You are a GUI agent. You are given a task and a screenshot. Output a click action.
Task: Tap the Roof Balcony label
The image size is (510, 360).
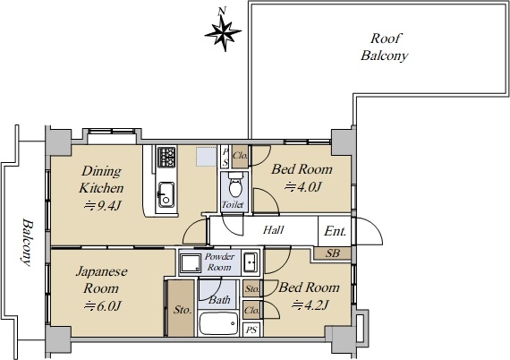coord(385,47)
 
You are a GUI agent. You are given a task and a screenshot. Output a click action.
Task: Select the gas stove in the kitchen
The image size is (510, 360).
coord(166,157)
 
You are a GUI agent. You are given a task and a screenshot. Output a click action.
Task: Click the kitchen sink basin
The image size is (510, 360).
coord(166,194)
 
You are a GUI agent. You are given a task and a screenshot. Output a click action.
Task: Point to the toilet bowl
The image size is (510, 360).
coord(235,184)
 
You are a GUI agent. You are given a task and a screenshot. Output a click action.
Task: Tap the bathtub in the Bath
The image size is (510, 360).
coord(218,323)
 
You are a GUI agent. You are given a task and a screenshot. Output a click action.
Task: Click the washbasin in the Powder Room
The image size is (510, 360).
coord(251,261)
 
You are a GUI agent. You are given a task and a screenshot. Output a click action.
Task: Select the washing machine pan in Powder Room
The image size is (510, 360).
coord(191,263)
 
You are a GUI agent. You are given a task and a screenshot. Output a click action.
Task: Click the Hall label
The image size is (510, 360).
coord(273,230)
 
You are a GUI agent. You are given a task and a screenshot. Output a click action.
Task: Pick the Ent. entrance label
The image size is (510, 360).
coord(335,231)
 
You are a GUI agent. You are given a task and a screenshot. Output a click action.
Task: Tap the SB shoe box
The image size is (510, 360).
coord(333,253)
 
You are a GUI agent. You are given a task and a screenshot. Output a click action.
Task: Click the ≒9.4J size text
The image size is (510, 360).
coord(103,206)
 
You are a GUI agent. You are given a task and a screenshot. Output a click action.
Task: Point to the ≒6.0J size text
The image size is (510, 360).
coord(103,306)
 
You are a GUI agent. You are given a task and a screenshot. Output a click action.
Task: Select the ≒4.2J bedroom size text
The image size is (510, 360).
coord(310,305)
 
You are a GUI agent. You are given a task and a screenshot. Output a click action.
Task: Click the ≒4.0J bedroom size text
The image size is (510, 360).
coord(303,187)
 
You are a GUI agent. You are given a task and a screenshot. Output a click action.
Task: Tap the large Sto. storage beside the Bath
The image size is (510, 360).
coord(182,308)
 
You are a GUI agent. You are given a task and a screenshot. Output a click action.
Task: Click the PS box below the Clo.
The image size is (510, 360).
coord(251,330)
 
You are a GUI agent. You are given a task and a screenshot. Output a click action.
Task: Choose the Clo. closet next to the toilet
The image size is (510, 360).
coord(240,156)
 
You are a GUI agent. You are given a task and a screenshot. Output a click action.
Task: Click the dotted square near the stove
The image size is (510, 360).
coord(206,157)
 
